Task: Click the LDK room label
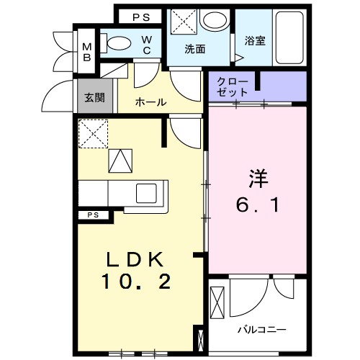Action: (x=137, y=260)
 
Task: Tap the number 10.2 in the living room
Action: (x=137, y=282)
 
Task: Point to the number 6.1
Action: (x=257, y=204)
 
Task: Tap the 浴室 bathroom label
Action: (x=254, y=41)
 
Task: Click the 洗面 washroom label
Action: (x=194, y=50)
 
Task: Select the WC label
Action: (x=146, y=45)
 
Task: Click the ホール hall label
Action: (x=150, y=103)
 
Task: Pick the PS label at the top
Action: (x=140, y=16)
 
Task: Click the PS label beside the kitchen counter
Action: (x=93, y=215)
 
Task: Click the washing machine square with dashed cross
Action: (x=184, y=22)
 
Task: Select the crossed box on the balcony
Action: (x=218, y=300)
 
